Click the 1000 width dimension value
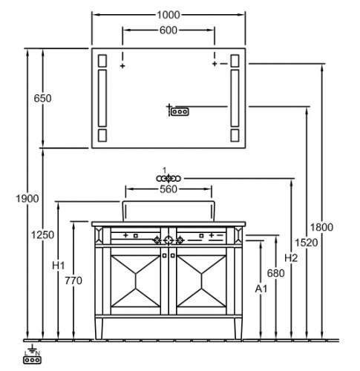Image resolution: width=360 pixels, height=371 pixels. [x=168, y=15]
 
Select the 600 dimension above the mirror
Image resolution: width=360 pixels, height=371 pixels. [x=168, y=30]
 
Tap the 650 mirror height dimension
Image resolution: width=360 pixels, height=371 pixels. [x=42, y=99]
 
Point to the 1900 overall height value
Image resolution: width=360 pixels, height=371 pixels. [x=27, y=199]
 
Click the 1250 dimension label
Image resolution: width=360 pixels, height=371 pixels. [x=42, y=234]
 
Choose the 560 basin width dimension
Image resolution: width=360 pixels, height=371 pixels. [x=168, y=189]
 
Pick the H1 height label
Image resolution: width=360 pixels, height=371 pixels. [x=59, y=266]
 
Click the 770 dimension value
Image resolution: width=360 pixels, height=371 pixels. [x=73, y=280]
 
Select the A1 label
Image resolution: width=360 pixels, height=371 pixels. [x=261, y=289]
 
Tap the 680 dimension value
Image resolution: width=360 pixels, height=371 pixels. [x=276, y=274]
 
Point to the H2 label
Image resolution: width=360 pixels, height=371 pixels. [x=291, y=258]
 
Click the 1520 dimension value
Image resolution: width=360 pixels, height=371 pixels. [x=307, y=243]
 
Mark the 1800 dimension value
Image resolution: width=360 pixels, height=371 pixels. [x=321, y=227]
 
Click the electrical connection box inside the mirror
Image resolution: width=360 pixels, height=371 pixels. [x=180, y=112]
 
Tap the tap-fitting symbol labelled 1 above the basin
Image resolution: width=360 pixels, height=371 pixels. [x=168, y=178]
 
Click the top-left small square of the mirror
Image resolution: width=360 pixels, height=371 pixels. [x=102, y=61]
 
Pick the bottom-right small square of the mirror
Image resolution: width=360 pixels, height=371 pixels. [x=235, y=136]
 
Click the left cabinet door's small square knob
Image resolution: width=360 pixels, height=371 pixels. [x=165, y=255]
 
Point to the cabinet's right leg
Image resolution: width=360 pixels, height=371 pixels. [x=238, y=329]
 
